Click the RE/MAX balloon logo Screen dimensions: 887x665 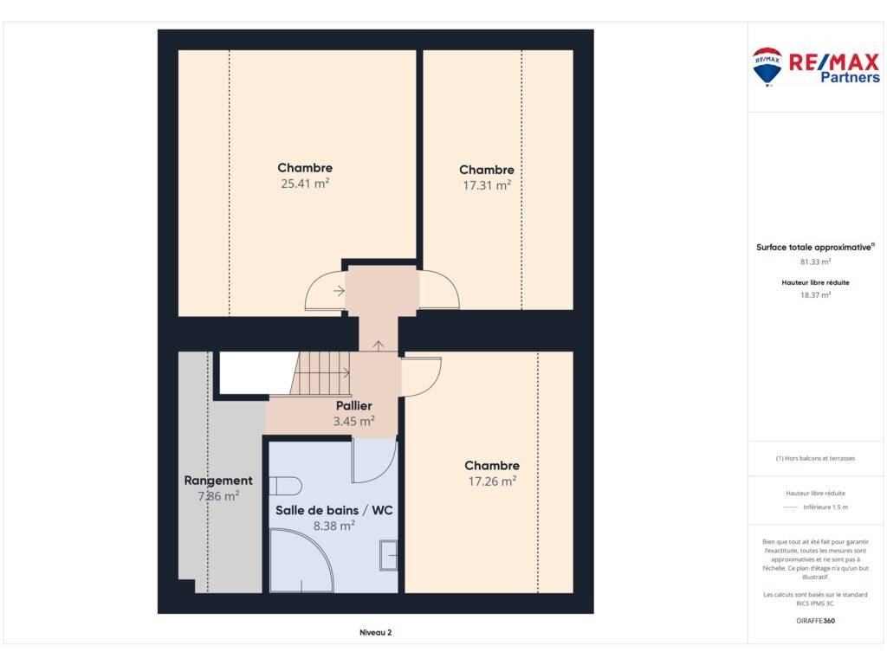pyautogui.click(x=767, y=67)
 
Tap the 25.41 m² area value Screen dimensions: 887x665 pyautogui.click(x=305, y=184)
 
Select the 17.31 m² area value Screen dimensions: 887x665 pyautogui.click(x=487, y=185)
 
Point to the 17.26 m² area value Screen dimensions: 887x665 pyautogui.click(x=492, y=481)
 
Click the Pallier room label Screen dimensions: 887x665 pyautogui.click(x=354, y=405)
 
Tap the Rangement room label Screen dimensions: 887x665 pyautogui.click(x=218, y=481)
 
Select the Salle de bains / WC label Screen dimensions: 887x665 pyautogui.click(x=333, y=510)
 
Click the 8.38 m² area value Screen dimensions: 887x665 pyautogui.click(x=334, y=526)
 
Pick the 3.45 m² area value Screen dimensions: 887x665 pyautogui.click(x=354, y=421)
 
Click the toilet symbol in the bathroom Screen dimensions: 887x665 pyautogui.click(x=285, y=486)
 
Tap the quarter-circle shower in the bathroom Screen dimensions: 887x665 pyautogui.click(x=301, y=560)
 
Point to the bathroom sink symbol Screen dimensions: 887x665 pyautogui.click(x=389, y=555)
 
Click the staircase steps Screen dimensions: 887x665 pyautogui.click(x=320, y=373)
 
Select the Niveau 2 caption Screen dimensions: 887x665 pyautogui.click(x=376, y=632)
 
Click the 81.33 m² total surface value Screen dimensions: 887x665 pyautogui.click(x=816, y=261)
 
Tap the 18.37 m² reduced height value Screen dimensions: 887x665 pyautogui.click(x=816, y=294)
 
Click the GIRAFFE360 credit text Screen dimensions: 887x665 pyautogui.click(x=816, y=620)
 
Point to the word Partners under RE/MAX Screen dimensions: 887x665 pyautogui.click(x=851, y=77)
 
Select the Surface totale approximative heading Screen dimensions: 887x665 pyautogui.click(x=815, y=247)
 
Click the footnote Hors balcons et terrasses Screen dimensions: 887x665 pyautogui.click(x=816, y=458)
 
